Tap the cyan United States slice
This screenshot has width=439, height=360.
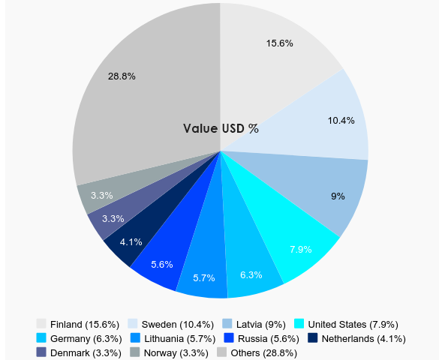pos(304,240)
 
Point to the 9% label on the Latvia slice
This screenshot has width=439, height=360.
pos(338,196)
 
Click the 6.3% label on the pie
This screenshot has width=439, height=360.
pos(252,275)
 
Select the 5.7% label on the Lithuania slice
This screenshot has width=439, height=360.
pos(204,278)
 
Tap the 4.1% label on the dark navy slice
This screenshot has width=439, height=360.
pos(131,241)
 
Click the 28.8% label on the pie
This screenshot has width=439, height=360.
pos(122,76)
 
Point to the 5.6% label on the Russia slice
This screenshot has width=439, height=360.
pos(162,264)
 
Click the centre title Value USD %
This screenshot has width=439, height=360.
pos(221,128)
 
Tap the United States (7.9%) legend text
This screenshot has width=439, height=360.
pos(353,325)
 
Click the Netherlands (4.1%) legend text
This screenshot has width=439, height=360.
pos(363,339)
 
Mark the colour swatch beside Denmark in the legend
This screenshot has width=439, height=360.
pos(41,352)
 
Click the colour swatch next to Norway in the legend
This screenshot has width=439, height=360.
pos(134,352)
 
